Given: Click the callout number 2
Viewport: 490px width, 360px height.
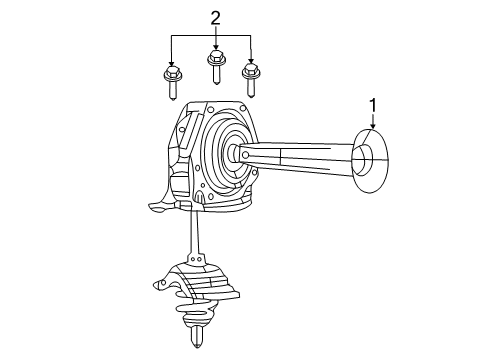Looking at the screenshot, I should [x=213, y=17].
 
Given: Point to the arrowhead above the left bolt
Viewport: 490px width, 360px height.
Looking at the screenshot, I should [x=172, y=62].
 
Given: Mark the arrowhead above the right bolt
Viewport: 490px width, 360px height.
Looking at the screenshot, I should [x=250, y=61].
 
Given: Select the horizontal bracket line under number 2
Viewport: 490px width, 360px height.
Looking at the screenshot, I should [x=211, y=35].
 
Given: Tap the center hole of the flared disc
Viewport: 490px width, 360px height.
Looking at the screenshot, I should [x=365, y=157].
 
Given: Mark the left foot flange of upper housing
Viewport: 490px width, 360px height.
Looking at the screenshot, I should [x=157, y=208].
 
